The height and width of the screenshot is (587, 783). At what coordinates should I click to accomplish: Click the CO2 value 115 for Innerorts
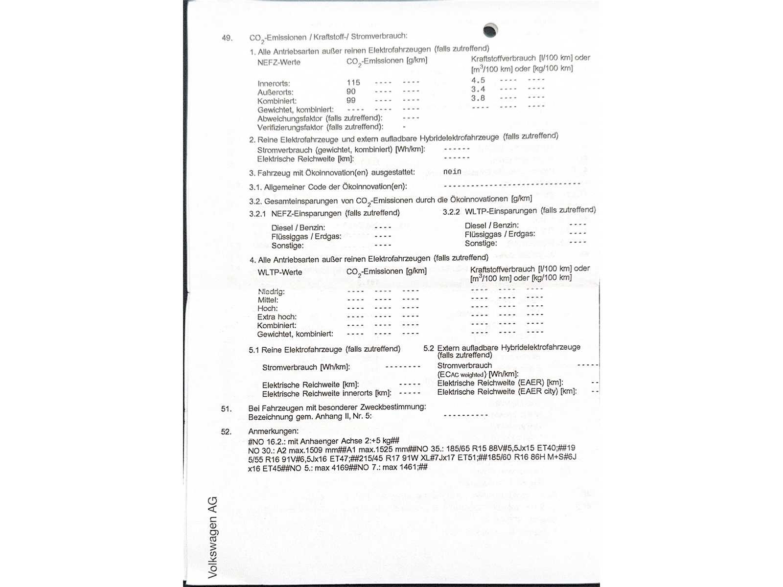point(353,83)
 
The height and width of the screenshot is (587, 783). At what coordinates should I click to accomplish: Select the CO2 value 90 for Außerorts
point(351,91)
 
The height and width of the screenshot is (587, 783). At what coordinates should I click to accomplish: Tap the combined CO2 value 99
point(351,100)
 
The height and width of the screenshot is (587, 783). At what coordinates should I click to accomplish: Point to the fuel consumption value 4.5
point(478,80)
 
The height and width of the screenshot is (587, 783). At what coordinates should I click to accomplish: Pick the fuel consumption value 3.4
point(478,89)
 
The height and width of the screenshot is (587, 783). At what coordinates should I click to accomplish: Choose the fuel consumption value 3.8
point(478,98)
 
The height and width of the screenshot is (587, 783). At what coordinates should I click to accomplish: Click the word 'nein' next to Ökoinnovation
point(452,172)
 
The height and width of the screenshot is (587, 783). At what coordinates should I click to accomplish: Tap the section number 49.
point(227,38)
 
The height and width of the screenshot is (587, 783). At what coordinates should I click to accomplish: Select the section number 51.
point(226,408)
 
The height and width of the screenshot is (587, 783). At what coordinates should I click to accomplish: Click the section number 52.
point(226,431)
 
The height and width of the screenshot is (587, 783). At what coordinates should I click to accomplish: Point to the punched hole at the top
point(490,30)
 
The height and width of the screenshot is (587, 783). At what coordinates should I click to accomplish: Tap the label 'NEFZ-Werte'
point(279,62)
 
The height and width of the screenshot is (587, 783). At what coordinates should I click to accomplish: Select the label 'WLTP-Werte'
point(280,272)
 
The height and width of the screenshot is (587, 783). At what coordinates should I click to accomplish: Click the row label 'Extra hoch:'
point(277,317)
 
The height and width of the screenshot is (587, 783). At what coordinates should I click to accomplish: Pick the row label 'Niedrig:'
point(271,292)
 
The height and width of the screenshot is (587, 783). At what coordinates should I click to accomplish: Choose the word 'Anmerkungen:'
point(273,431)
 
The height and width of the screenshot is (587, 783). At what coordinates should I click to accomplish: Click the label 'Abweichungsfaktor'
point(290,118)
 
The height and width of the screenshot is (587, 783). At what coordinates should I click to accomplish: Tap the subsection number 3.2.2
point(451,212)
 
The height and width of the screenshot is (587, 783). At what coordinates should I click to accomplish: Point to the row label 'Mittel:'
point(268,300)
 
